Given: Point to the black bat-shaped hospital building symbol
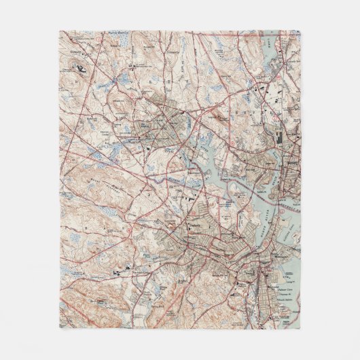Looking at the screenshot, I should click(82, 68).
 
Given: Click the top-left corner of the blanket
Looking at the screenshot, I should click(60, 31).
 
